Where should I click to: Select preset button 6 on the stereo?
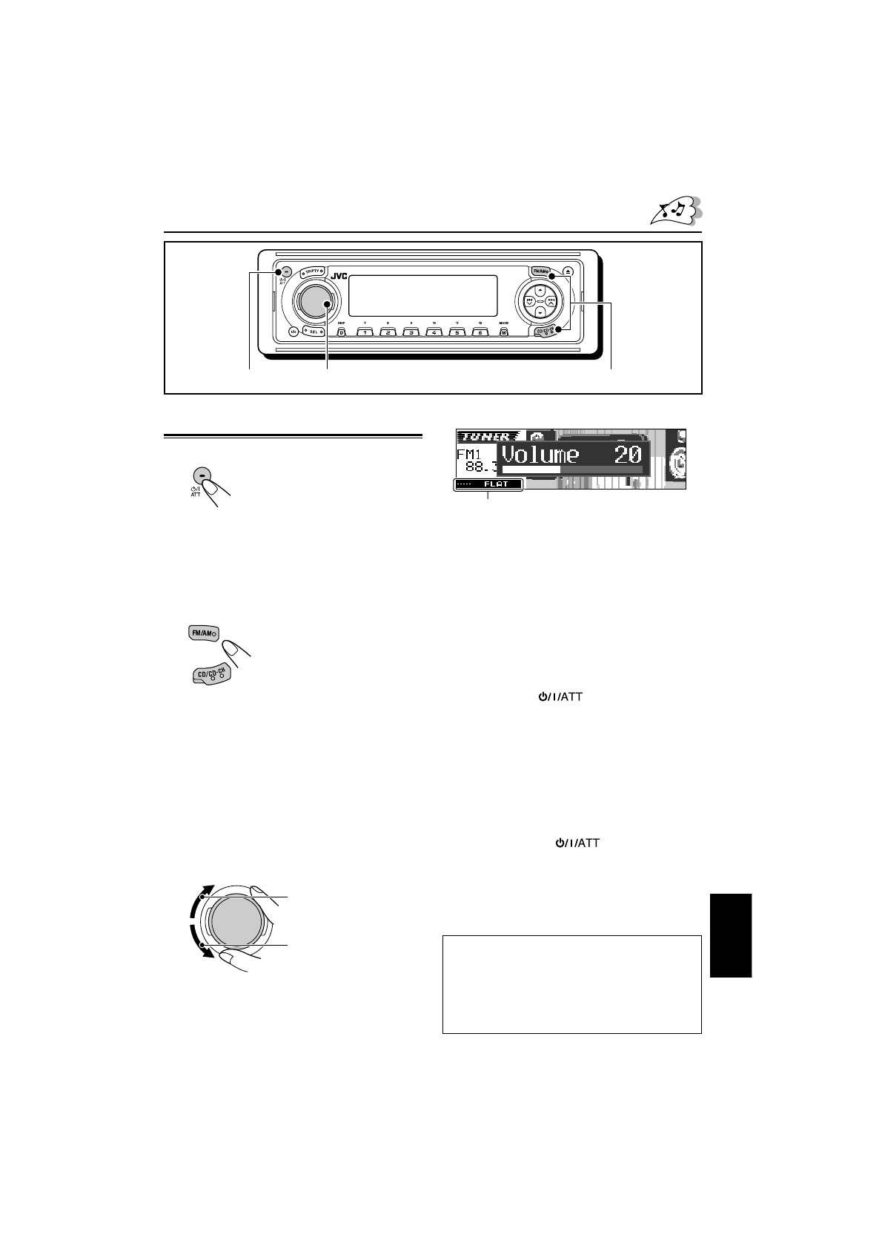[x=480, y=332]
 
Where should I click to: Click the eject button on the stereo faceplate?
[x=568, y=272]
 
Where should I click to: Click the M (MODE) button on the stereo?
[x=503, y=332]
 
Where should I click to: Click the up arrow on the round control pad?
[x=540, y=289]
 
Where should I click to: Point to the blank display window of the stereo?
[x=422, y=295]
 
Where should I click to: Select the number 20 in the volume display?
[x=627, y=454]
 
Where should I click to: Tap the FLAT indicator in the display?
[x=496, y=484]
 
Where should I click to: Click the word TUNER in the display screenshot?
[x=486, y=437]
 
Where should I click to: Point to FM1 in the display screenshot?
[x=469, y=453]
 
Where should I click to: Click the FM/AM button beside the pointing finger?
[x=200, y=633]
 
